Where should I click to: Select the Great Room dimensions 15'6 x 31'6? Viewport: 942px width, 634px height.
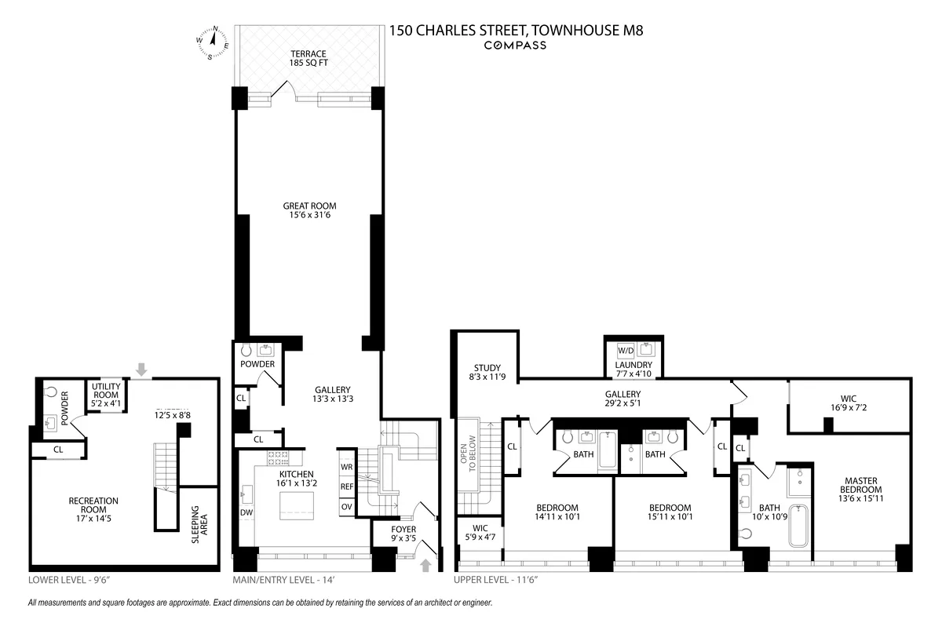coord(309,211)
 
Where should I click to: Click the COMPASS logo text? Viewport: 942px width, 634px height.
coord(514,46)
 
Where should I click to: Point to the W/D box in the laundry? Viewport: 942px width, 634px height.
coord(626,350)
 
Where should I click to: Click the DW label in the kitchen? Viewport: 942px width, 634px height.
coord(246,512)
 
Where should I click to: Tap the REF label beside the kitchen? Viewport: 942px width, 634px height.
coord(347,486)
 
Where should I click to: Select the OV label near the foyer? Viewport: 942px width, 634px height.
coord(346,506)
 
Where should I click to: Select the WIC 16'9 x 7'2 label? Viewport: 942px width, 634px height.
coord(849,403)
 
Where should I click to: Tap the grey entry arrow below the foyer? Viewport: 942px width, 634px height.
coord(425,564)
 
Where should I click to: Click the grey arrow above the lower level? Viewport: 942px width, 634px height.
coord(141,368)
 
